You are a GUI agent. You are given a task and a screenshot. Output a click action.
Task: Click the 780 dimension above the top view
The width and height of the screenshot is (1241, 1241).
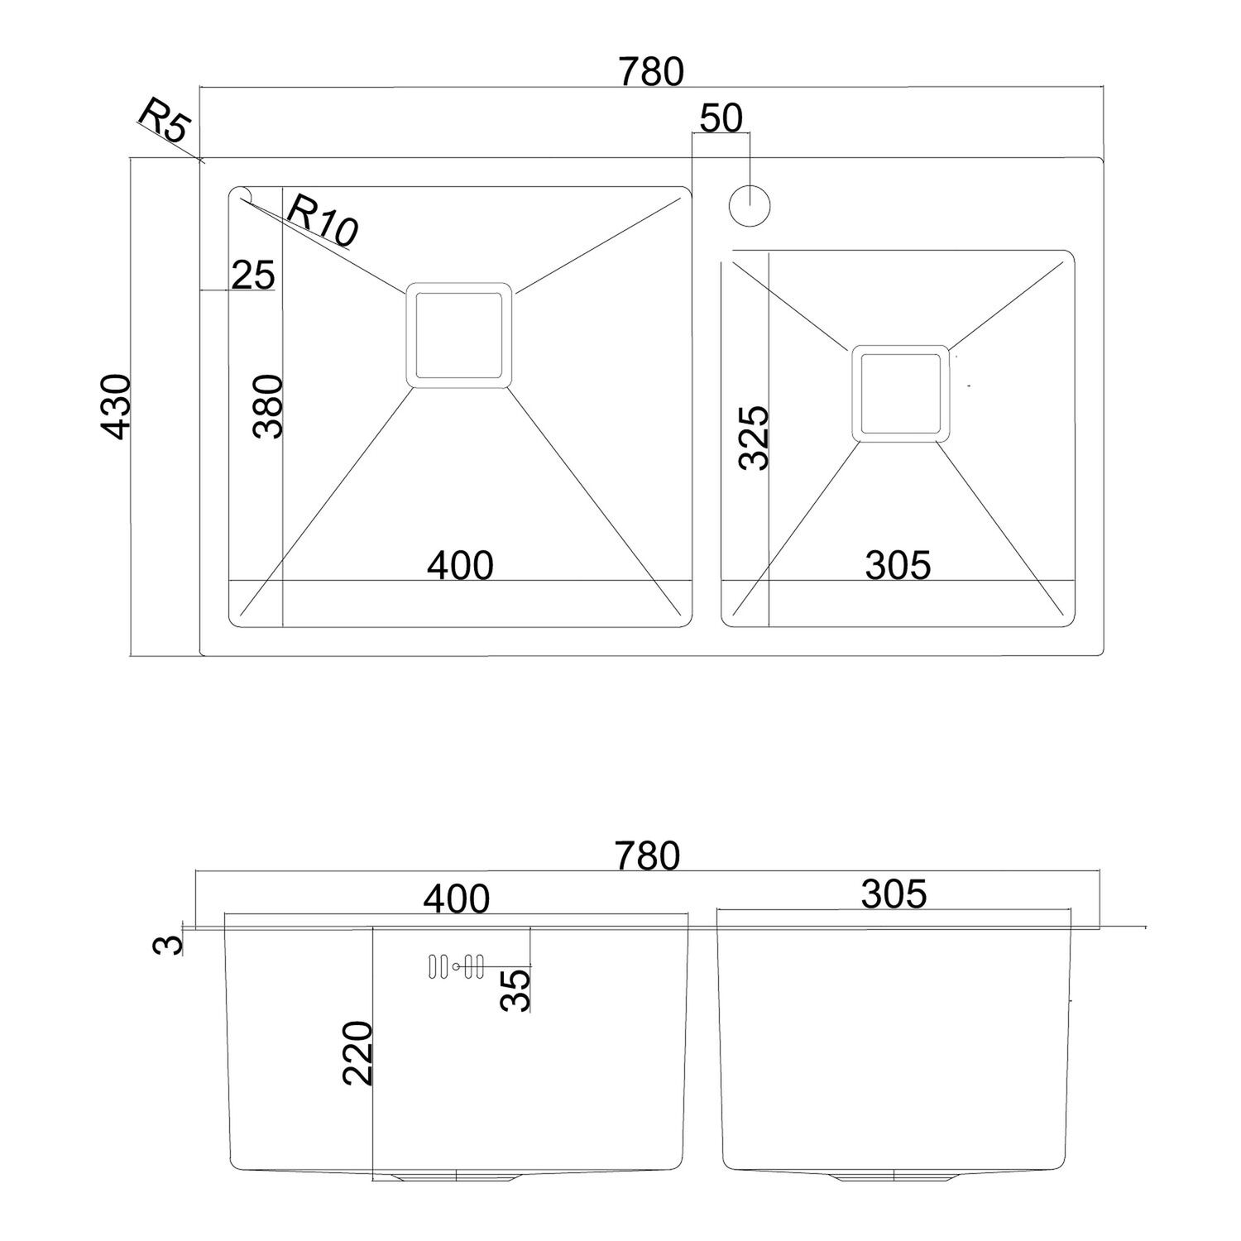click(652, 72)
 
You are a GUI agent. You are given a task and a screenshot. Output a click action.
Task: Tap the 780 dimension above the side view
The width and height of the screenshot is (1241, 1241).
click(647, 856)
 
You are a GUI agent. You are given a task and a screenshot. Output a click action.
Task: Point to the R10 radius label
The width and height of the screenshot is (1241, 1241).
click(322, 221)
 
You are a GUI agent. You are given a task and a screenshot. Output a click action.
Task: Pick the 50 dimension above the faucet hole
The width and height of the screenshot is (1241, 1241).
click(721, 118)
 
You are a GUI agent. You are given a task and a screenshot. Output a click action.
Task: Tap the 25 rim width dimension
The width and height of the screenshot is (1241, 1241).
click(253, 276)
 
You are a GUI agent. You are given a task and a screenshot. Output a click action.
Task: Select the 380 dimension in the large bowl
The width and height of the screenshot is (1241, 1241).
click(269, 406)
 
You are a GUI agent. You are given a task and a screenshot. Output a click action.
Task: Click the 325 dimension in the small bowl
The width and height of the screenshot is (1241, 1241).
click(754, 438)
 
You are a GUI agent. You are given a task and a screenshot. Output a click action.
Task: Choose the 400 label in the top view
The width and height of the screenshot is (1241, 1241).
click(460, 565)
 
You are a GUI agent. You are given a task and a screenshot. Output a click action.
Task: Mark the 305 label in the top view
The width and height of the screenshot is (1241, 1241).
click(898, 565)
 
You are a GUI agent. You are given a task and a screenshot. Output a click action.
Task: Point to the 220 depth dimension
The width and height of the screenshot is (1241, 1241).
click(359, 1053)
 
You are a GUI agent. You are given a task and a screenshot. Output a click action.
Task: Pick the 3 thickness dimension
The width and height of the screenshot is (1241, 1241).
click(168, 944)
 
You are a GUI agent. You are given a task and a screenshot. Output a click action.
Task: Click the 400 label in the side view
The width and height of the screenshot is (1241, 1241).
click(457, 899)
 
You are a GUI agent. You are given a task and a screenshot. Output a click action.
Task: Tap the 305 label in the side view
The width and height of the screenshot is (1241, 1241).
click(894, 894)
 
